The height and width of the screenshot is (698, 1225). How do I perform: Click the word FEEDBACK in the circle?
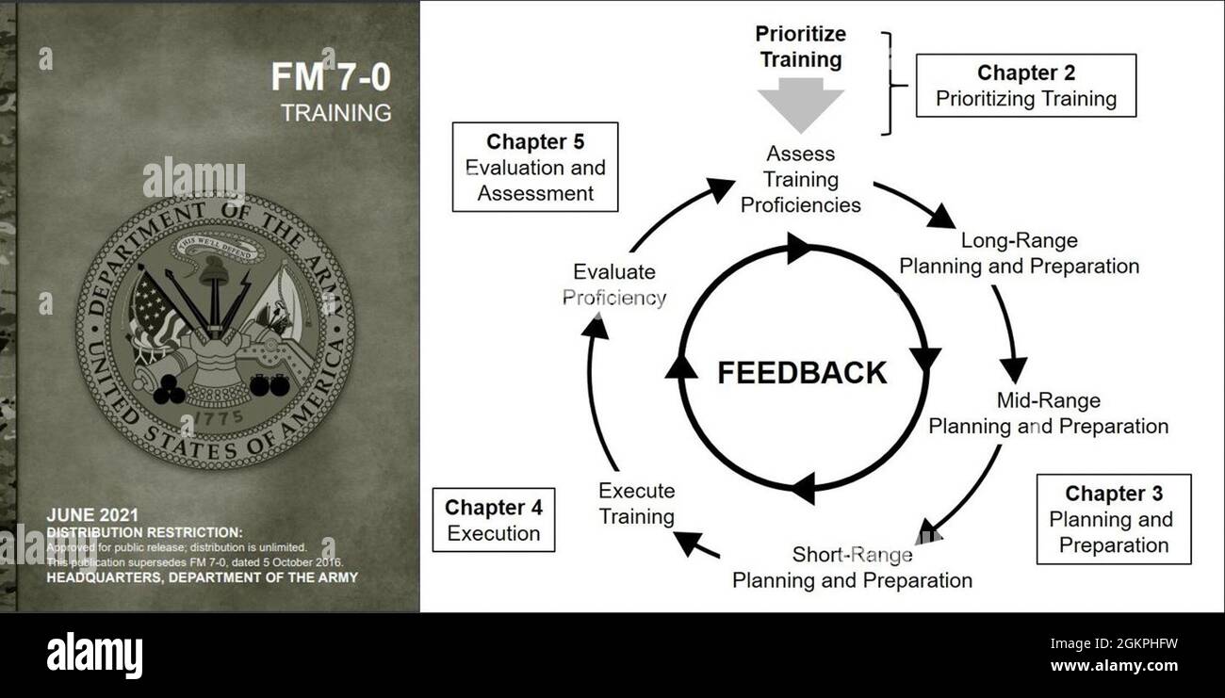(x=802, y=373)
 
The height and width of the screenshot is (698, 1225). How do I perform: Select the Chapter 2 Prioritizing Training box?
(x=1025, y=86)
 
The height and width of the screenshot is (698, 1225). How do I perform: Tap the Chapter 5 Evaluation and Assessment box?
(x=535, y=167)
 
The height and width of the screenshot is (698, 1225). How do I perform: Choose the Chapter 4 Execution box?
(x=494, y=520)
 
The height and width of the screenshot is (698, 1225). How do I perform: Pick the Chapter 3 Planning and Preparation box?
(x=1113, y=519)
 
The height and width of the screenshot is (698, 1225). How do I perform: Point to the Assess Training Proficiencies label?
(x=800, y=179)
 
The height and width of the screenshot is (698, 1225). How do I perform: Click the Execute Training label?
(x=637, y=503)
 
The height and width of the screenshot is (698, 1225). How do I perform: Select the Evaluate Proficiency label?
(x=614, y=284)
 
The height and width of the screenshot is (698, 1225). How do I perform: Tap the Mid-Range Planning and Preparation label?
(x=1048, y=414)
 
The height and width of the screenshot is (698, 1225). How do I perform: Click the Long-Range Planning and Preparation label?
(x=1019, y=253)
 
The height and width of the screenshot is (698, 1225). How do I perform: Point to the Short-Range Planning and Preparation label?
(x=852, y=567)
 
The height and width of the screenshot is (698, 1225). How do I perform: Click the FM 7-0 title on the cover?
(x=331, y=77)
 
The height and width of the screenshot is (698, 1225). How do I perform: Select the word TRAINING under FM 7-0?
(x=335, y=113)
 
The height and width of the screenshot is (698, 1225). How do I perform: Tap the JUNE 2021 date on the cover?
(x=92, y=515)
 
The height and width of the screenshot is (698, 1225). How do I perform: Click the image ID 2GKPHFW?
(x=1114, y=644)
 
